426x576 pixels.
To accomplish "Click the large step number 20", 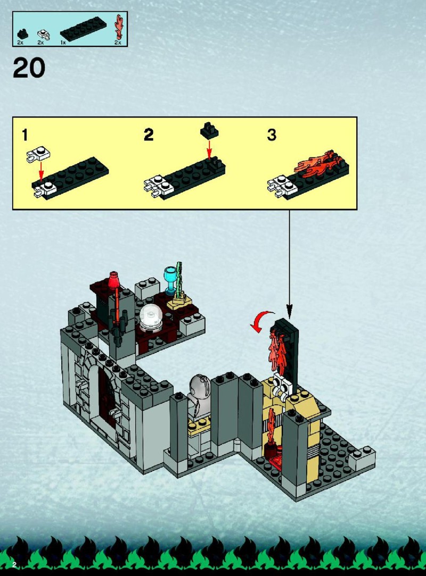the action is (x=29, y=68).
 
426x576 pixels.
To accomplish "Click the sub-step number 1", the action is (x=24, y=135).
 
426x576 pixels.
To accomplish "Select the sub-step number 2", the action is (x=149, y=135).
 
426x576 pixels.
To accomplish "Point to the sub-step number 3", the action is (x=272, y=135).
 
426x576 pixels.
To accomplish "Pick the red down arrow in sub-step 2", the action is (x=209, y=149).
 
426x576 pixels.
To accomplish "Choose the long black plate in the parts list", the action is (x=83, y=28).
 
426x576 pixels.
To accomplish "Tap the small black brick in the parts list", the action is (x=23, y=34).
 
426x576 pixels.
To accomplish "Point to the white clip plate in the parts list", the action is (x=43, y=35).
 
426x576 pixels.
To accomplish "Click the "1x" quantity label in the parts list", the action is (x=63, y=43).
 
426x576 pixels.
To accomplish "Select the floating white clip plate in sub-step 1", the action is (x=38, y=155).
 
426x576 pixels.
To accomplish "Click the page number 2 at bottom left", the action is (x=14, y=564).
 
